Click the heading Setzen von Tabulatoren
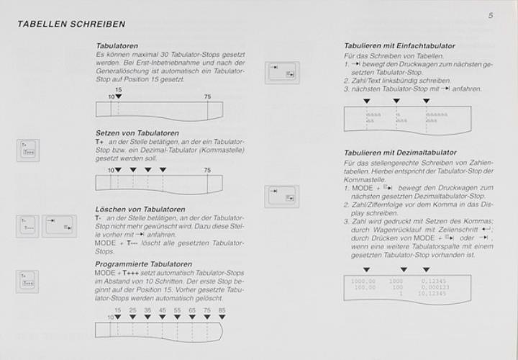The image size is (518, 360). point(137,133)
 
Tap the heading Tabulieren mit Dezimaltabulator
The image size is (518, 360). point(399,153)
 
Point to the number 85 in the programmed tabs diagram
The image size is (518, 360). point(222,310)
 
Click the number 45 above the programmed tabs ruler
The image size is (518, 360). point(163,310)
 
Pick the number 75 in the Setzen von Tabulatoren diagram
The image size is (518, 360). point(207,170)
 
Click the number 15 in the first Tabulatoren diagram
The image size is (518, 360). point(119,89)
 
